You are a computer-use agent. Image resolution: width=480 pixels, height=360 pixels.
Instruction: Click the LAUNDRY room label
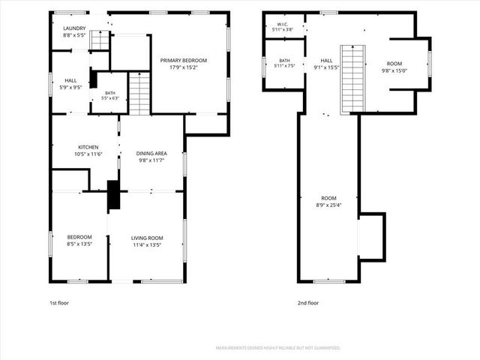pyautogui.click(x=74, y=28)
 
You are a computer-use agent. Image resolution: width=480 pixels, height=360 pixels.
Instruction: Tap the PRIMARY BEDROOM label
pyautogui.click(x=184, y=60)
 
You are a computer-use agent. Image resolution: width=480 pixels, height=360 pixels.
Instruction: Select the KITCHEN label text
pyautogui.click(x=88, y=147)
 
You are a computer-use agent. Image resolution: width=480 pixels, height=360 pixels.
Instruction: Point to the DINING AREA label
pyautogui.click(x=151, y=153)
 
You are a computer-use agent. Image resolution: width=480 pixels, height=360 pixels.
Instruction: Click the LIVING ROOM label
pyautogui.click(x=147, y=238)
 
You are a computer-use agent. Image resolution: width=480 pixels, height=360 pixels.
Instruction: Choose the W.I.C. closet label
pyautogui.click(x=283, y=24)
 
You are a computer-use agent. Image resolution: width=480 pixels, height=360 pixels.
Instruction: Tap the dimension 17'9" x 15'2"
pyautogui.click(x=184, y=67)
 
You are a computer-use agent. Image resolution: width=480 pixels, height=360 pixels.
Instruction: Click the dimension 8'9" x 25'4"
pyautogui.click(x=328, y=205)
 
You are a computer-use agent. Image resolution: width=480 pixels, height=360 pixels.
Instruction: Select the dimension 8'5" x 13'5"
pyautogui.click(x=79, y=244)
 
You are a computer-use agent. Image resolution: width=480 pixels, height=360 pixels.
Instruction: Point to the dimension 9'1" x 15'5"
pyautogui.click(x=326, y=67)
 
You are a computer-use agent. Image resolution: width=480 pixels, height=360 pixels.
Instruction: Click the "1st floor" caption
pyautogui.click(x=59, y=303)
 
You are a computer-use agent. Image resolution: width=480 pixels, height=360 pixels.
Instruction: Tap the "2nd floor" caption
pyautogui.click(x=308, y=303)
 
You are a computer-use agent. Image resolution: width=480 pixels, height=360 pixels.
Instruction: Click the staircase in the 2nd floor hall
pyautogui.click(x=353, y=79)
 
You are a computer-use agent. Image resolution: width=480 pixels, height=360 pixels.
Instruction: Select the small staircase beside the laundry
pyautogui.click(x=100, y=40)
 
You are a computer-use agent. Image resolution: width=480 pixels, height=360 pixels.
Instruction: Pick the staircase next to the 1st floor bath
pyautogui.click(x=139, y=93)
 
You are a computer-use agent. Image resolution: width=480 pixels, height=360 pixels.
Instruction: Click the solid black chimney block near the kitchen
pyautogui.click(x=113, y=195)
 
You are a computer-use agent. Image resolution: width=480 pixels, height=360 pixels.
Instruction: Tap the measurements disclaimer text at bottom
pyautogui.click(x=278, y=348)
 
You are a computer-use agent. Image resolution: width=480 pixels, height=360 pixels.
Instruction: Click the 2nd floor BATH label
pyautogui.click(x=284, y=61)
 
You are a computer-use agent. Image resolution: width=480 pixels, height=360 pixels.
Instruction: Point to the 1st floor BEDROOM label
pyautogui.click(x=79, y=237)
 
